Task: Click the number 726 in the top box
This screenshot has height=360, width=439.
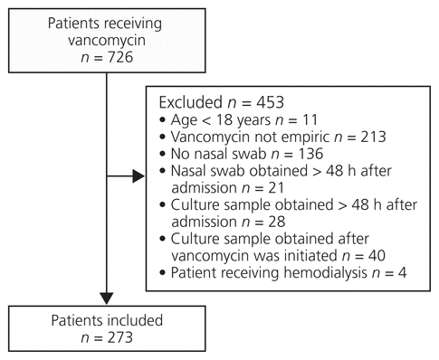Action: [120, 57]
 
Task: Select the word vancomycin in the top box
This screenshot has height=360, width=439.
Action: [107, 41]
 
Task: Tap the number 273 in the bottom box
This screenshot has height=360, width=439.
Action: [120, 337]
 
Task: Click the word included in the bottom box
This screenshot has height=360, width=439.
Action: [135, 320]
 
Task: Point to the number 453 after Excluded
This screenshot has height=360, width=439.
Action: [271, 102]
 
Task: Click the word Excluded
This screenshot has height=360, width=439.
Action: [191, 102]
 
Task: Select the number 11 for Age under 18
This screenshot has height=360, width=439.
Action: [310, 119]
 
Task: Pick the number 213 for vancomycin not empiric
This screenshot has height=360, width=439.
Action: [373, 137]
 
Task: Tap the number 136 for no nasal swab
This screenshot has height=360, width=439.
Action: [310, 154]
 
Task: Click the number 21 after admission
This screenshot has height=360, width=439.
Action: [276, 187]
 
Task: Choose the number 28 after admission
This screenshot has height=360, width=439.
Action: [277, 222]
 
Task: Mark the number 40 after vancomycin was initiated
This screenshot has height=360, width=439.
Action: [377, 256]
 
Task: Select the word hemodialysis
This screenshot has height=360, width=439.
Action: [325, 273]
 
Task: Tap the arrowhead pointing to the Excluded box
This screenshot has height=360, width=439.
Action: [138, 176]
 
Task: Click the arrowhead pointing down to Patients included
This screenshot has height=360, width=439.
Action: [107, 298]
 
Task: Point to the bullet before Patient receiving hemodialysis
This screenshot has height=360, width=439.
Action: [163, 273]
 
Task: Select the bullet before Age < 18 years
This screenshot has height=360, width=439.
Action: [163, 120]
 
